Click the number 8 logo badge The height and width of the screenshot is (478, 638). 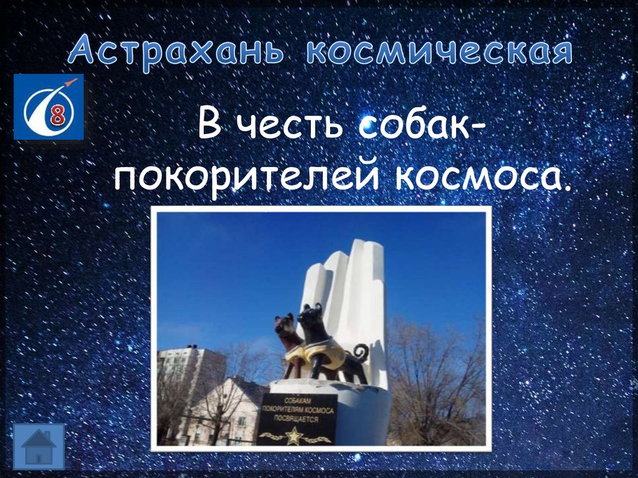pos(49,107)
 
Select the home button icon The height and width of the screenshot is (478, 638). pos(39,446)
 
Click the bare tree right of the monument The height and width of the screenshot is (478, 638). pos(436,380)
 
